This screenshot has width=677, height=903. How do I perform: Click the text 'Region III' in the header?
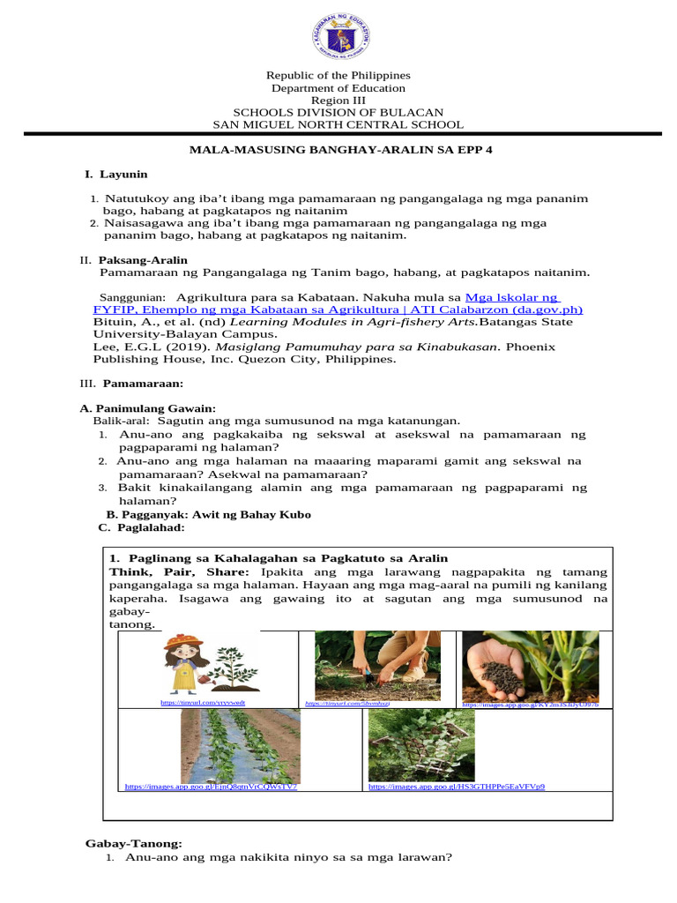tap(338, 101)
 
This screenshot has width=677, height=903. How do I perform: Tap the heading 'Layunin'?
tap(123, 175)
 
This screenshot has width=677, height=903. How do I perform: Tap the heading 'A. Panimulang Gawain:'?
tap(148, 408)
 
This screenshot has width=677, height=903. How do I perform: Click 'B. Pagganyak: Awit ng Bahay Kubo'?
tap(208, 514)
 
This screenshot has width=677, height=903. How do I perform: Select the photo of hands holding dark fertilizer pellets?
tap(529, 666)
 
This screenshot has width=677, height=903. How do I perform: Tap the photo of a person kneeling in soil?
tap(377, 665)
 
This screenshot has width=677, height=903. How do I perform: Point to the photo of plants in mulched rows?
tap(239, 745)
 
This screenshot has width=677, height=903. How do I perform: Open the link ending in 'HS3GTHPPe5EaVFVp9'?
tap(456, 786)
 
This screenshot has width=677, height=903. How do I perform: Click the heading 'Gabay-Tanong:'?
tap(133, 844)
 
